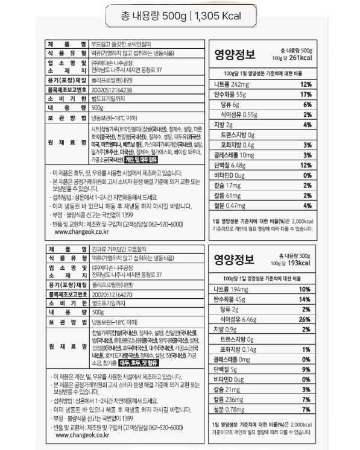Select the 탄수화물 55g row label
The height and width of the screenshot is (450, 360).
coord(232,94)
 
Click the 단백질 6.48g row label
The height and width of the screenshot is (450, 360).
coord(233,165)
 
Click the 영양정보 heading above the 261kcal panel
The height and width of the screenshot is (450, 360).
coord(237,54)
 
